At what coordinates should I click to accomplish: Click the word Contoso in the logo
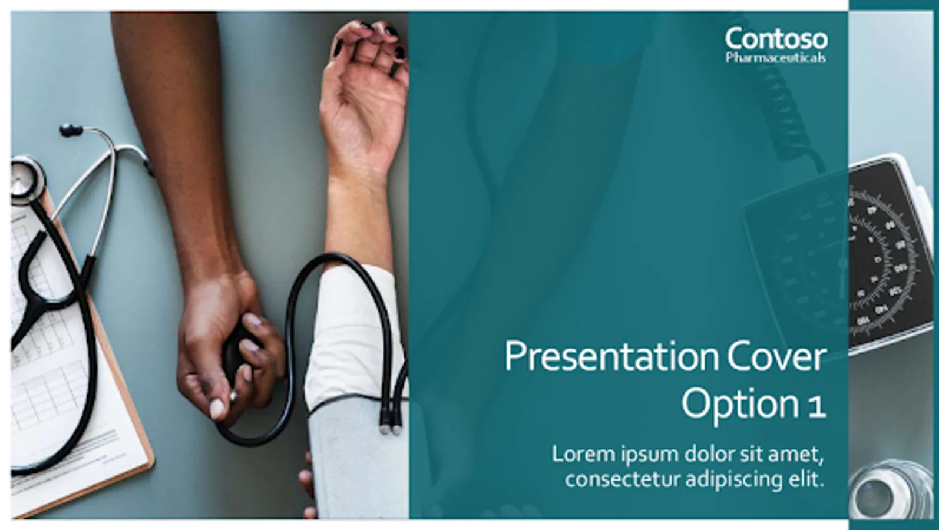[x=776, y=39]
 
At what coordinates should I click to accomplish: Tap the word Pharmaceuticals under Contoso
[x=776, y=57]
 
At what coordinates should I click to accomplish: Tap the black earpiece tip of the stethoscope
[x=71, y=130]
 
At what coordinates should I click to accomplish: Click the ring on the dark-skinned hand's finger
[x=232, y=395]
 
